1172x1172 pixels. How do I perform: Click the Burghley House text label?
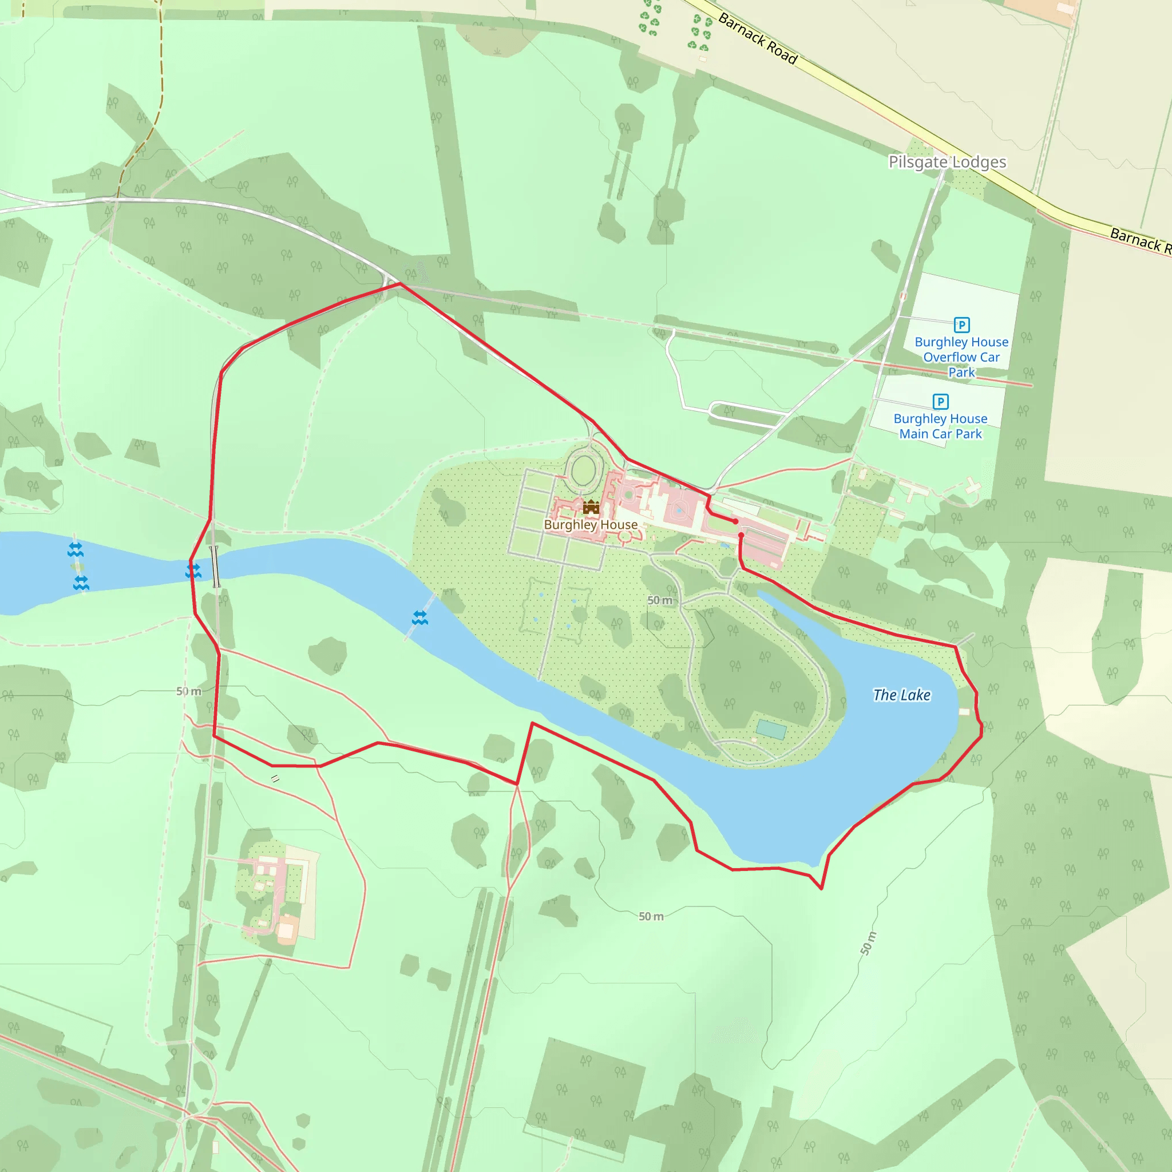pyautogui.click(x=590, y=525)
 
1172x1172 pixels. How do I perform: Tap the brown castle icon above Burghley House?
pyautogui.click(x=591, y=506)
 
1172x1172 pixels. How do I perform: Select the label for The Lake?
pyautogui.click(x=901, y=695)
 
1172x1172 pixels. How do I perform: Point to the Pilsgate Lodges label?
pyautogui.click(x=947, y=162)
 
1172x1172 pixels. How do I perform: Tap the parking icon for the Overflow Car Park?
pyautogui.click(x=961, y=324)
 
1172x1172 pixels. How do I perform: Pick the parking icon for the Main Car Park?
pyautogui.click(x=940, y=402)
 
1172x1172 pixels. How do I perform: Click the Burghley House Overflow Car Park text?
pyautogui.click(x=961, y=357)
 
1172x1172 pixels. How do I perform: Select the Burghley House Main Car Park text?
pyautogui.click(x=940, y=426)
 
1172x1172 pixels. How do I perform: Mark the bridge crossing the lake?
pyautogui.click(x=214, y=567)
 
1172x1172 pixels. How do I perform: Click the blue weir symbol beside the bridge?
pyautogui.click(x=193, y=571)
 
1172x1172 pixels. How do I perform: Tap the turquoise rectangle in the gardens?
pyautogui.click(x=771, y=730)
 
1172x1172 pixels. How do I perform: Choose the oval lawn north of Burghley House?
pyautogui.click(x=584, y=471)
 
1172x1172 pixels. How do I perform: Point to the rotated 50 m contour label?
pyautogui.click(x=869, y=943)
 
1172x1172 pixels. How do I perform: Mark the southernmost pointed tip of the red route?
pyautogui.click(x=821, y=889)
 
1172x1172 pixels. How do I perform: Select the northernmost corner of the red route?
pyautogui.click(x=400, y=283)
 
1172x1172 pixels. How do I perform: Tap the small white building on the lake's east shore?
pyautogui.click(x=964, y=711)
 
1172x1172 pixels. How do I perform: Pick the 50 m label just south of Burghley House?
pyautogui.click(x=660, y=600)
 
